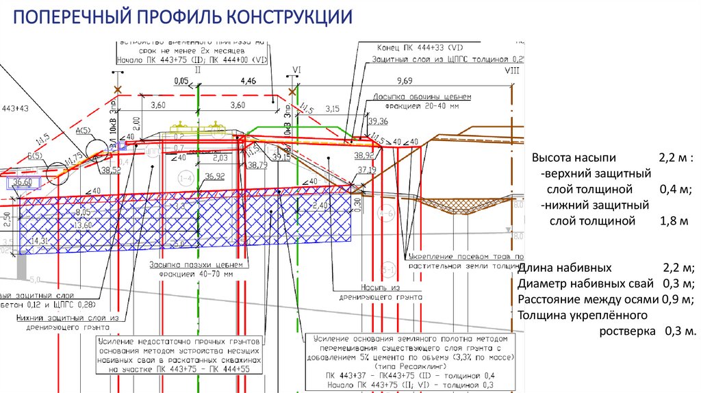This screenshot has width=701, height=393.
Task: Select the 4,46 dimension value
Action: pyautogui.click(x=248, y=81)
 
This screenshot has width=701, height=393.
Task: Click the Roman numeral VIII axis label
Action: pyautogui.click(x=511, y=71)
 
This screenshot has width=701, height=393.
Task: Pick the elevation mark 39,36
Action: pyautogui.click(x=378, y=121)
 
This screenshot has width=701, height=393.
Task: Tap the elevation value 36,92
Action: pyautogui.click(x=215, y=176)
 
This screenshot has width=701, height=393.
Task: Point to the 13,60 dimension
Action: pyautogui.click(x=84, y=225)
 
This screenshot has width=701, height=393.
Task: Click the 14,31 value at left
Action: pyautogui.click(x=38, y=241)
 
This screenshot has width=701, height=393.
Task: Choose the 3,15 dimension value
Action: pyautogui.click(x=333, y=109)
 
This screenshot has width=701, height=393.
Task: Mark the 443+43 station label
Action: pyautogui.click(x=16, y=108)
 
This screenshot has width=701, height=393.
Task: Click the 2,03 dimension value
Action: pyautogui.click(x=220, y=158)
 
